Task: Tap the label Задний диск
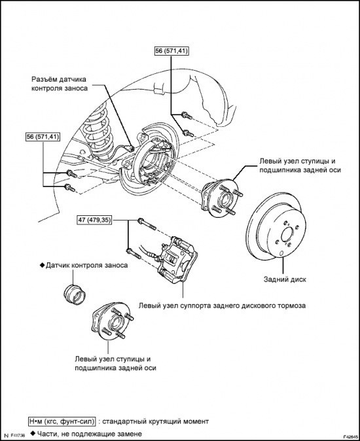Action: pyautogui.click(x=285, y=279)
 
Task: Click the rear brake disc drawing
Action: pyautogui.click(x=276, y=224)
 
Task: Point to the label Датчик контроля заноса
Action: pyautogui.click(x=86, y=265)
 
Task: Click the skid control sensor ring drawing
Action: pyautogui.click(x=75, y=294)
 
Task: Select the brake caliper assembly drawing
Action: pyautogui.click(x=177, y=260)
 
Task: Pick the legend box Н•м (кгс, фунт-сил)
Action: pyautogui.click(x=62, y=421)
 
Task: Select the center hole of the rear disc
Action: pyautogui.click(x=287, y=234)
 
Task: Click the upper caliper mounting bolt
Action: pyautogui.click(x=147, y=224)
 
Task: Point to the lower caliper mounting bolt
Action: pyautogui.click(x=134, y=253)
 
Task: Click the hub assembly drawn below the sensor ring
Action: pyautogui.click(x=112, y=321)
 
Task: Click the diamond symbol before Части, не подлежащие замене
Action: pyautogui.click(x=33, y=433)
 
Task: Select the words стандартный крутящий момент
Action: pyautogui.click(x=155, y=421)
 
